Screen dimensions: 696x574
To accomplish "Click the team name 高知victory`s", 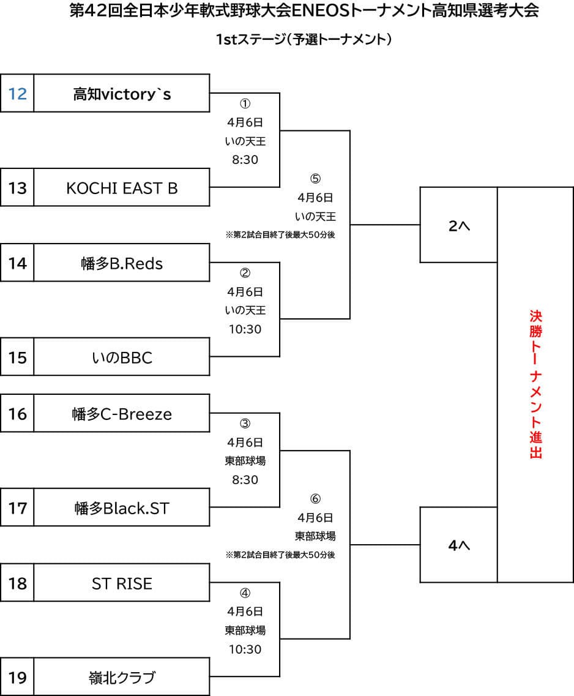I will [x=122, y=94].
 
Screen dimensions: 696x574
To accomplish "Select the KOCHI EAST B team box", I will [x=122, y=188].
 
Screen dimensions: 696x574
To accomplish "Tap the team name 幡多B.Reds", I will [x=122, y=263].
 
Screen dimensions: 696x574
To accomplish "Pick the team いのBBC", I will [x=122, y=357].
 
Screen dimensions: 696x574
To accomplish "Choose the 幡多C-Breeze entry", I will [x=122, y=414].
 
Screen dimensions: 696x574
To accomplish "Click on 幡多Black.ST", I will [x=122, y=508].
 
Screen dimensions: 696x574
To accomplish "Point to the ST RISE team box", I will [x=122, y=584].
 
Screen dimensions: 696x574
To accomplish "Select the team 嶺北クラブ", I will [x=122, y=678].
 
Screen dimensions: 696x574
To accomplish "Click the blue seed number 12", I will [x=18, y=94].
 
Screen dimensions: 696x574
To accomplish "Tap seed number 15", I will [x=18, y=357].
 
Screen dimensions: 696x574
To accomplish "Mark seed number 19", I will [x=18, y=678].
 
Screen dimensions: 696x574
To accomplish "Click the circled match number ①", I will [x=245, y=103].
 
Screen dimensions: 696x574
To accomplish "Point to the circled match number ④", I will [x=245, y=593].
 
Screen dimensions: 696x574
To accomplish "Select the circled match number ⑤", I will [x=315, y=179].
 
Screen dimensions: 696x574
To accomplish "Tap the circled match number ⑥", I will [x=315, y=499].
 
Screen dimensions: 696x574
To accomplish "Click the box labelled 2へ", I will [x=458, y=225].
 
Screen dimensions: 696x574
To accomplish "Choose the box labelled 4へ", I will [x=458, y=545].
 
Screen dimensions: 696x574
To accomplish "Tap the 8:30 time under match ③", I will [x=245, y=480].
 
